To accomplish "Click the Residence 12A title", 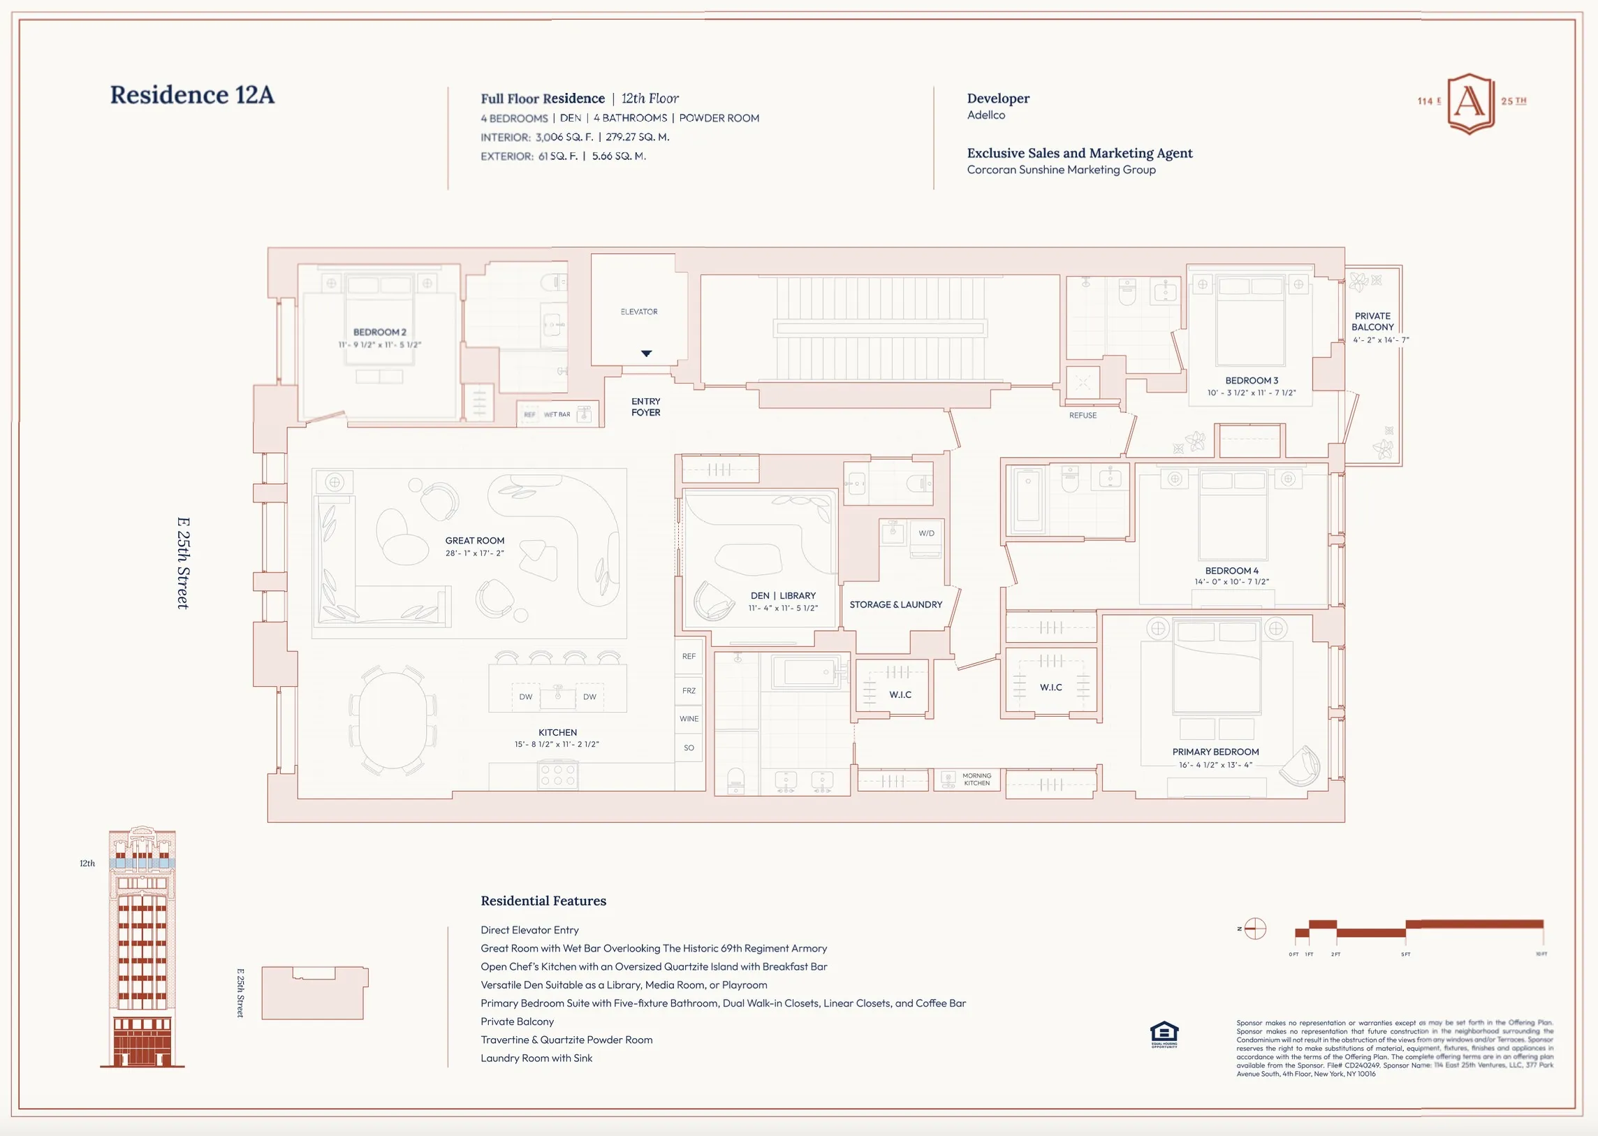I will [191, 95].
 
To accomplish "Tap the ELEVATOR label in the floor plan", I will [638, 312].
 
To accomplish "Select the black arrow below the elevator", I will [646, 354].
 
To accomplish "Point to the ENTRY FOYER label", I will [645, 407].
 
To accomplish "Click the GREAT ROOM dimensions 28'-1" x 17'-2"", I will [474, 553].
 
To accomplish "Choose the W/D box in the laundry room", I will [926, 534].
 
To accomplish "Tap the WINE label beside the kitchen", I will [689, 719].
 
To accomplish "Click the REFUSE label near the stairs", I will [1083, 416].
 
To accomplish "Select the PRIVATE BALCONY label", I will [1372, 322].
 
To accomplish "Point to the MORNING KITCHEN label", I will [976, 779].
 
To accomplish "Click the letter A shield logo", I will [1470, 103].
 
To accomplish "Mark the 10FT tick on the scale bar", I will [1541, 954].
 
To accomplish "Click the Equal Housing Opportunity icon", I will [1164, 1034].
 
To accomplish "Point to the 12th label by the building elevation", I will [87, 864].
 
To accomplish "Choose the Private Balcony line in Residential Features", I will [517, 1021].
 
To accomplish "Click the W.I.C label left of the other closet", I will [900, 694].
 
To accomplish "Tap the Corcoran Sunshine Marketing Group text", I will [1061, 170].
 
